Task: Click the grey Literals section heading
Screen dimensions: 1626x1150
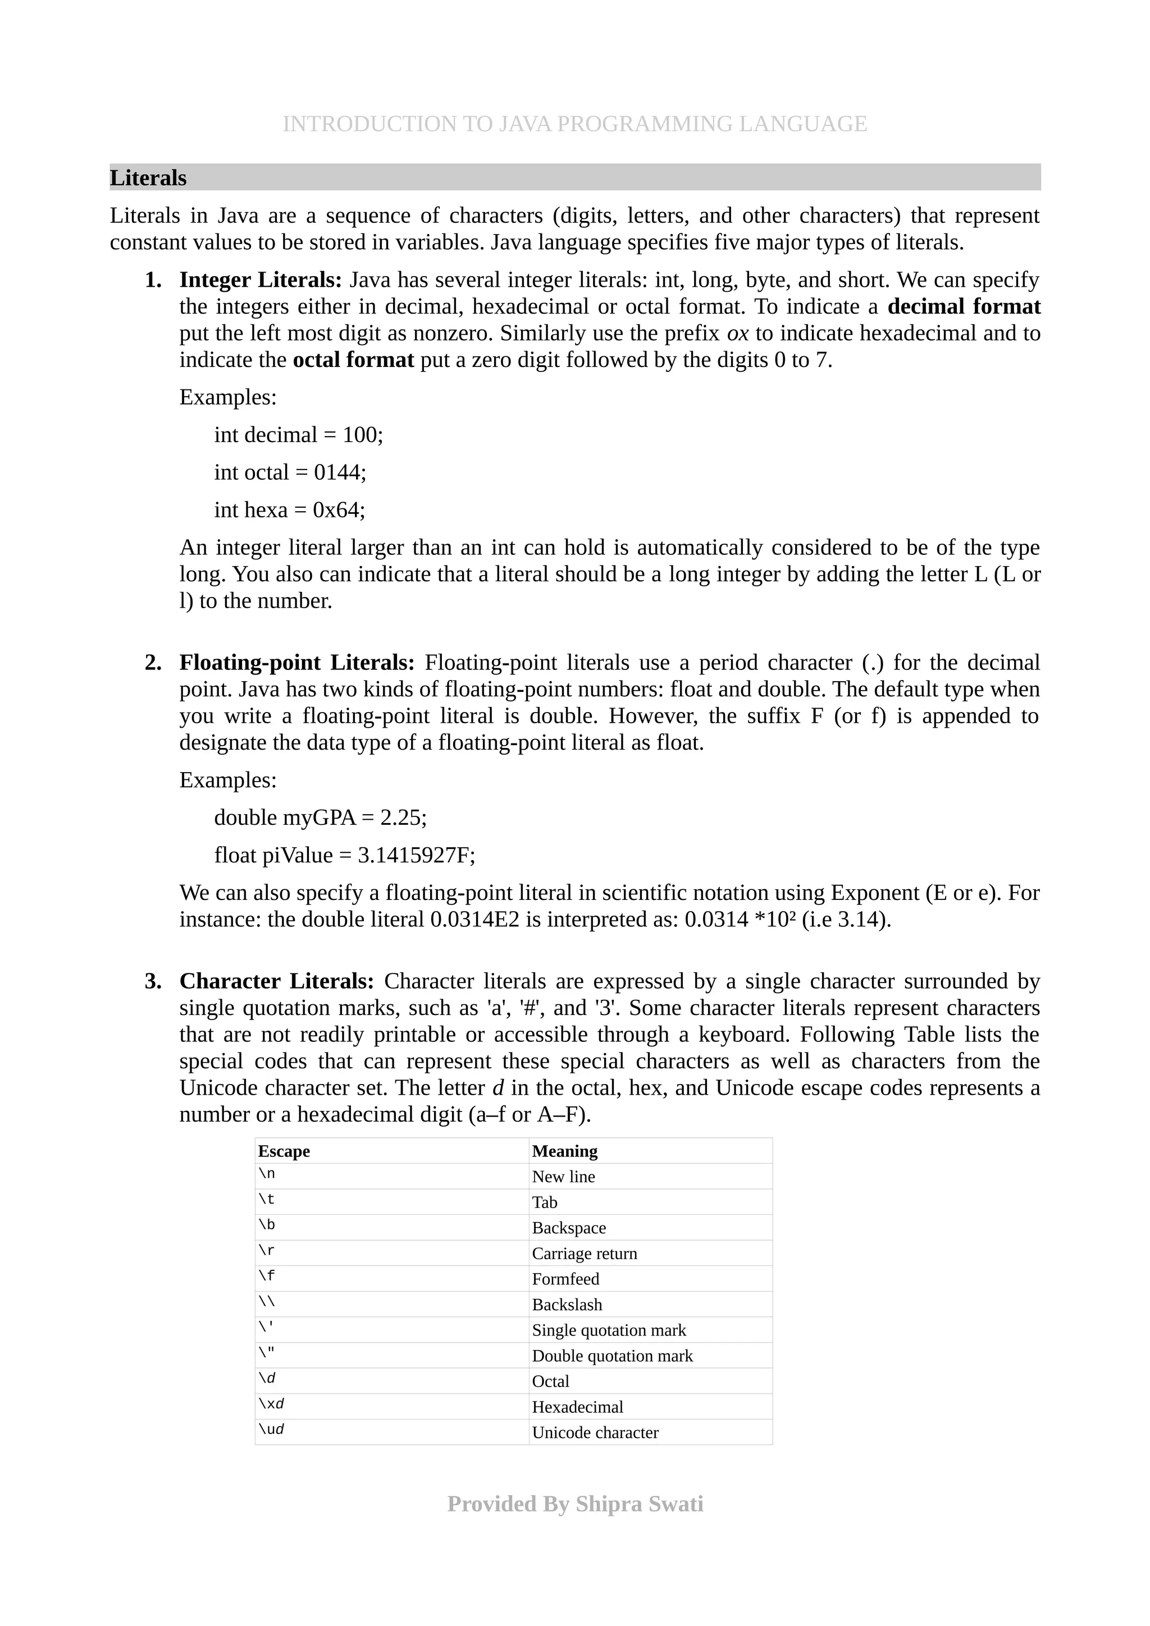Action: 148,178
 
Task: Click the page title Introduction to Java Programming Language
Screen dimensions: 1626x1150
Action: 574,124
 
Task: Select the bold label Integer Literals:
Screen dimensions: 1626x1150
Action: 260,281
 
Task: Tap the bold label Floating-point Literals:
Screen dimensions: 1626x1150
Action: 297,663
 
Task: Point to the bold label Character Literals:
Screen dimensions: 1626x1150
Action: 276,981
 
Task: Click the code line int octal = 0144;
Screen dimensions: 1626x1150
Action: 290,472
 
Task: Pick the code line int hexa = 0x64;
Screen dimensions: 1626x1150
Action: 290,510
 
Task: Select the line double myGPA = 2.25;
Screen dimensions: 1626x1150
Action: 320,818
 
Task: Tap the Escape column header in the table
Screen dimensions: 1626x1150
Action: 284,1151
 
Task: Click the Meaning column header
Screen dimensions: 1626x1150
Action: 565,1151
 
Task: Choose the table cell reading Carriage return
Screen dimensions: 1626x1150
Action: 585,1253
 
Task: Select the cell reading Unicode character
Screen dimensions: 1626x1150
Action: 595,1432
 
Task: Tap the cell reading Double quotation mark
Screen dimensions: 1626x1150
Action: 612,1356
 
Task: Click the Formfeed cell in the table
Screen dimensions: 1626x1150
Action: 565,1279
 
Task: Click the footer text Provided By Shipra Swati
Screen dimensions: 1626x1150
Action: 574,1504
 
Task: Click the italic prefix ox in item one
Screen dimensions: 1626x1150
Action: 738,333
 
